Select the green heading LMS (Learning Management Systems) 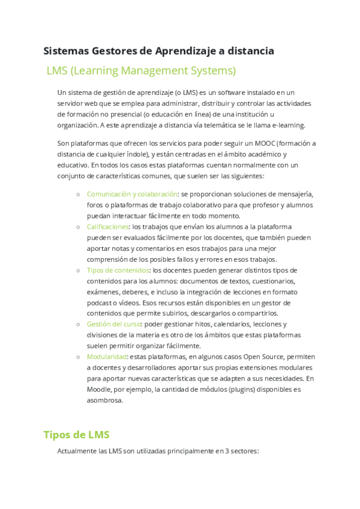[x=141, y=71]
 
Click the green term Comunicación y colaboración [x=132, y=194]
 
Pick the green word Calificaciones [x=108, y=226]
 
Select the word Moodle [x=100, y=389]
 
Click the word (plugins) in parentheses [x=224, y=389]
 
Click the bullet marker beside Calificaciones [x=79, y=227]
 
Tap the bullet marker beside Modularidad [x=79, y=357]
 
